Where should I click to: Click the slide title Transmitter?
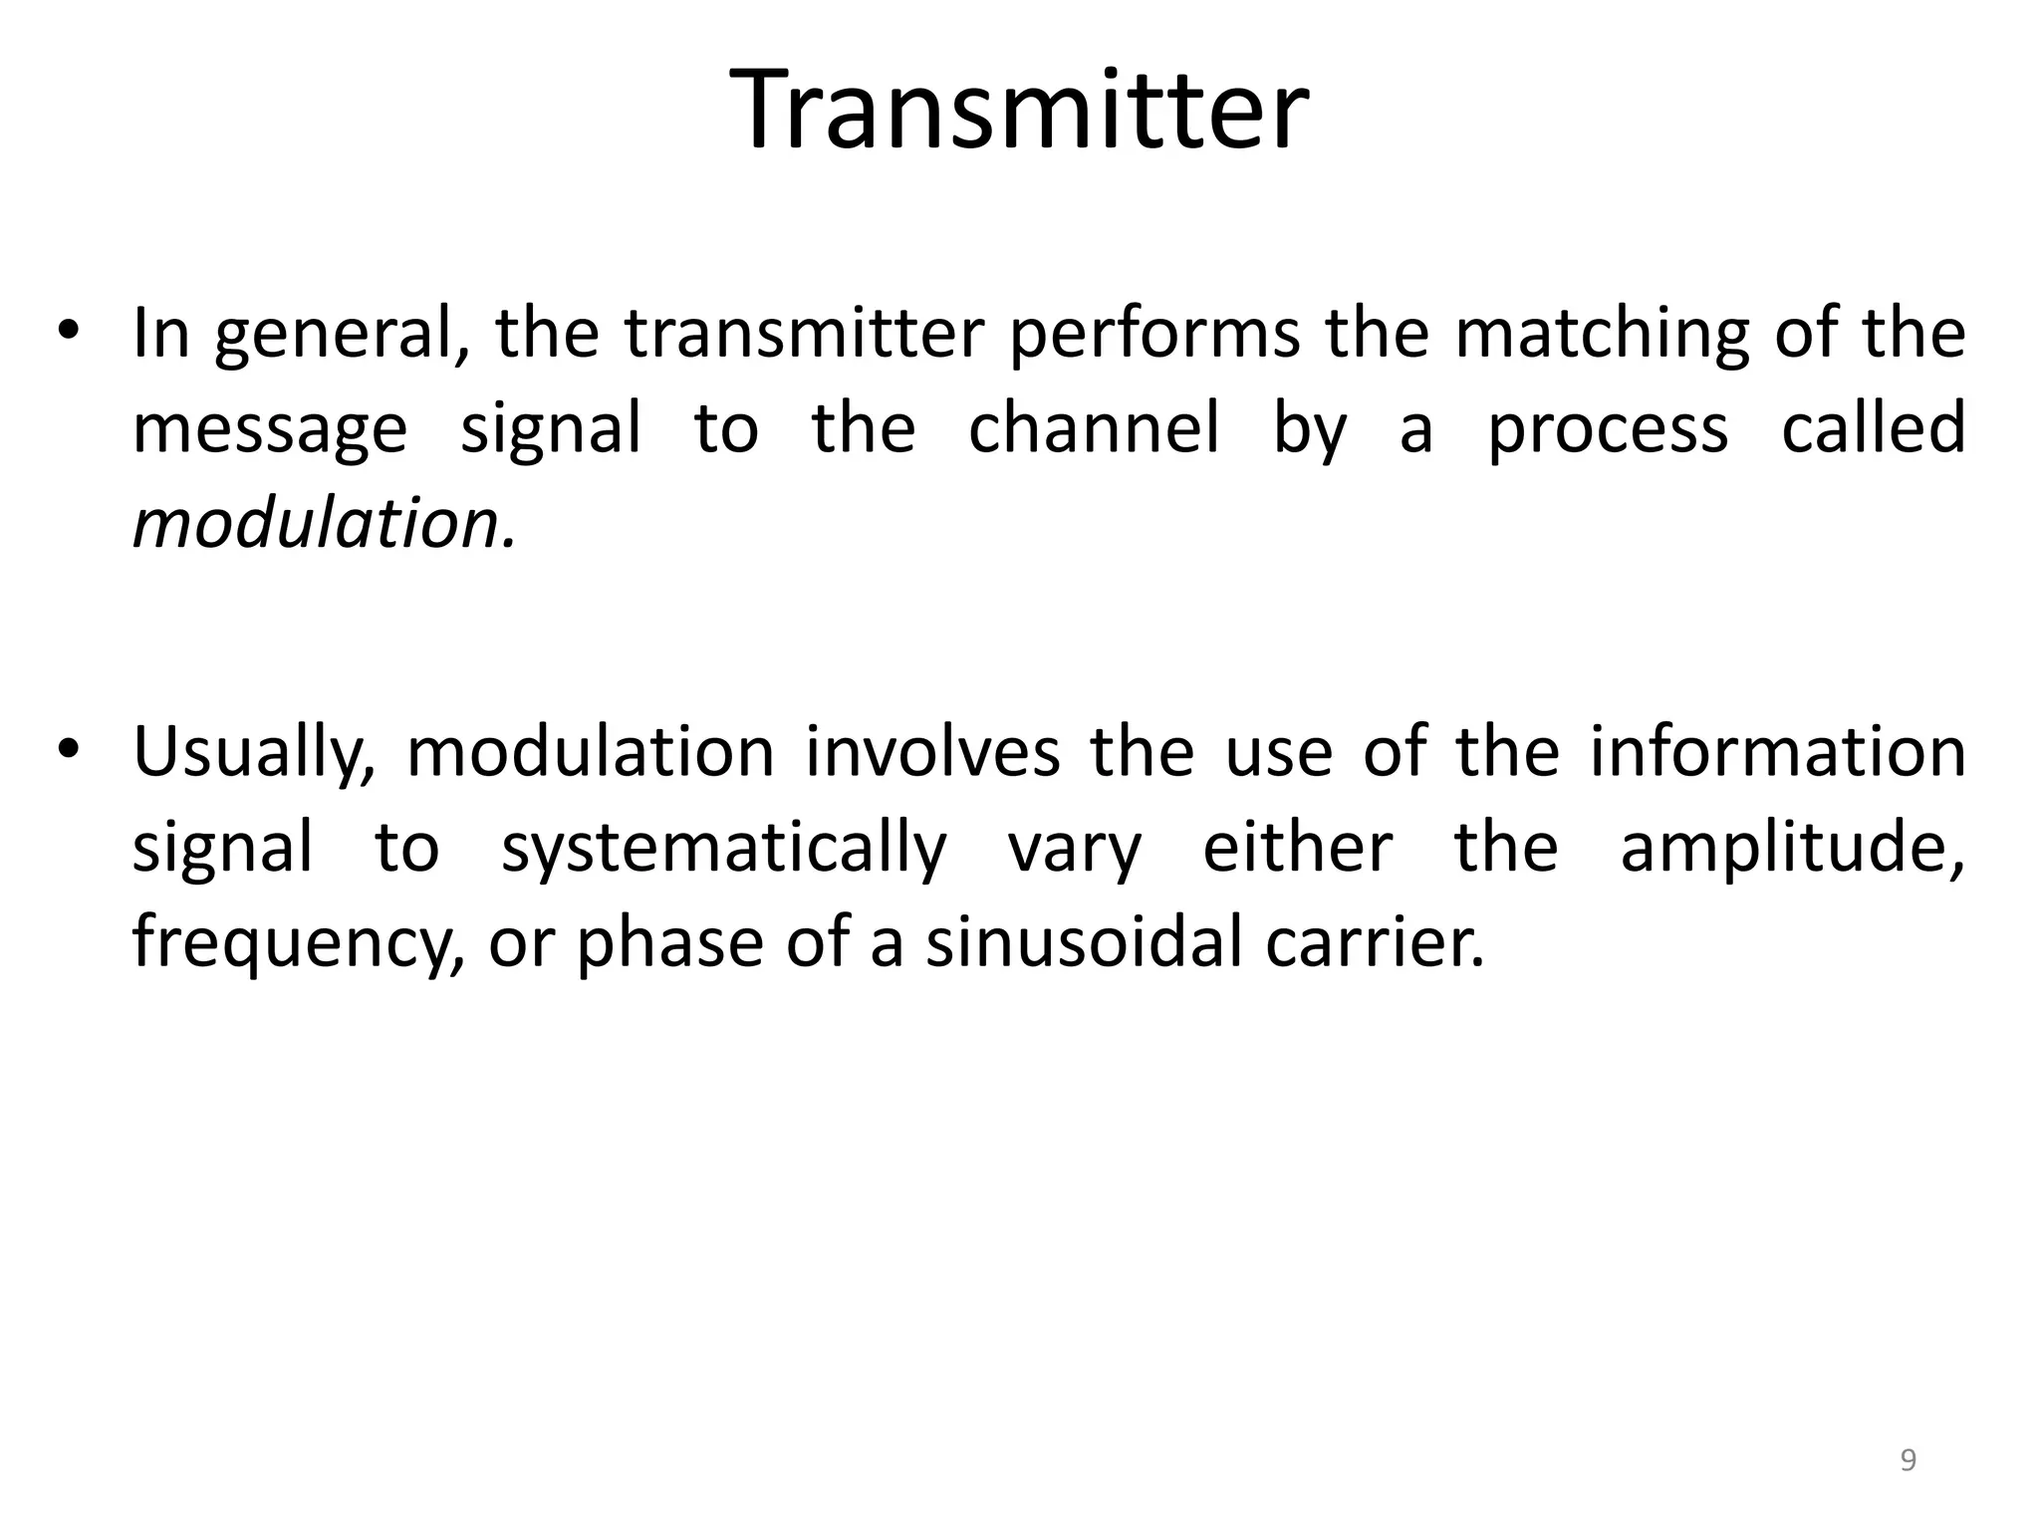click(1019, 110)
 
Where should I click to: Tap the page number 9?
click(1908, 1460)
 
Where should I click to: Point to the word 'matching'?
click(1602, 335)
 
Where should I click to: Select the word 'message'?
click(270, 430)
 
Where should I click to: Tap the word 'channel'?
click(1094, 428)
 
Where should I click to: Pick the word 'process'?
click(1608, 430)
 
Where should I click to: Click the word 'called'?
click(1873, 428)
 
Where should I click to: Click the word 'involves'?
click(932, 751)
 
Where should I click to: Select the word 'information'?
click(1777, 751)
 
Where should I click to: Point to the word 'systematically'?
click(724, 849)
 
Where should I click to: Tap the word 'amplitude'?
click(1792, 849)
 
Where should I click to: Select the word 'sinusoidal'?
click(1084, 942)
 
